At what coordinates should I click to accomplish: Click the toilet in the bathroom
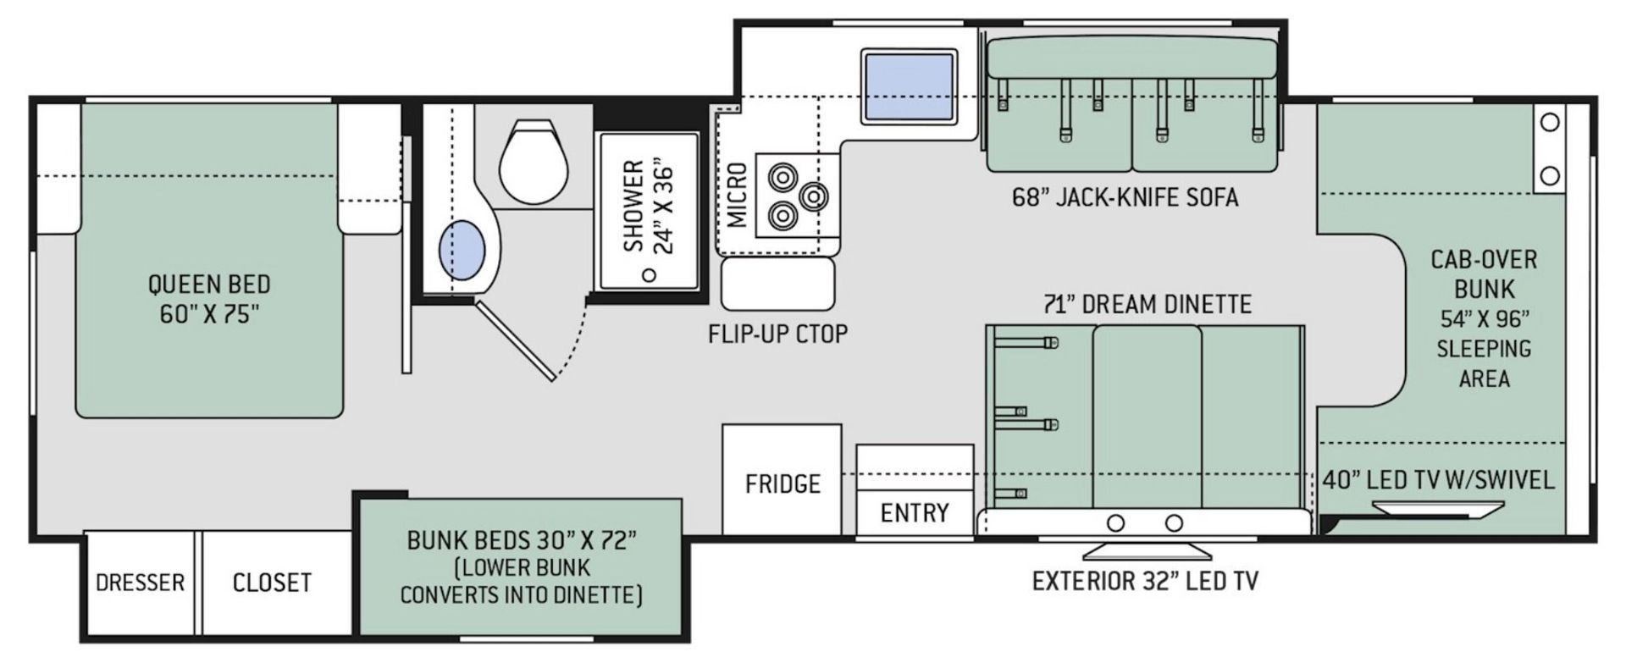pos(533,160)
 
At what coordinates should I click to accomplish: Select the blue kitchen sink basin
pos(909,86)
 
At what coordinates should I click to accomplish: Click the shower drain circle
pos(650,274)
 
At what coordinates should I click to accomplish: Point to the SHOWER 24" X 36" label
pos(648,206)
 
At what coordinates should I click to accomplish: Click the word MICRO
pos(738,196)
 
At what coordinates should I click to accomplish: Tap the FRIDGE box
pos(782,479)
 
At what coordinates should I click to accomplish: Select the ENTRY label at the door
pos(915,512)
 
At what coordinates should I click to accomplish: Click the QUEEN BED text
pos(209,284)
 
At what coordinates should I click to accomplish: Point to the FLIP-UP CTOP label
pos(777,334)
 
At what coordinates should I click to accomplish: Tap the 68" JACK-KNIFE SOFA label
pos(1125,197)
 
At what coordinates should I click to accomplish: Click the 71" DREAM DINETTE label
pos(1147,304)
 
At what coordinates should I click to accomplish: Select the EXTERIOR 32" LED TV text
pos(1144,581)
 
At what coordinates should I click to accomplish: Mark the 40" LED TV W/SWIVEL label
pos(1439,480)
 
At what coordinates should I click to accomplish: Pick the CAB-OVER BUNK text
pos(1484,273)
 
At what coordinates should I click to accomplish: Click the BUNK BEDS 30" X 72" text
pos(522,540)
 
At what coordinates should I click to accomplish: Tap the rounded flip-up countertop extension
pos(777,284)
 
